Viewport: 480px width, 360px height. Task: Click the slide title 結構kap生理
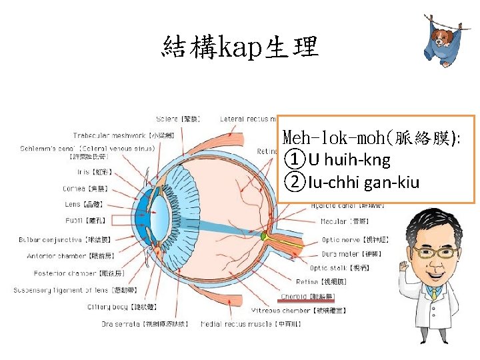click(241, 47)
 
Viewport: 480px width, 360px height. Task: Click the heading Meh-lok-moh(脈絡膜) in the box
click(373, 139)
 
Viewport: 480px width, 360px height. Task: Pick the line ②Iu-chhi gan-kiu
click(352, 181)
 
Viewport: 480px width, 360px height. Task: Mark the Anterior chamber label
click(67, 256)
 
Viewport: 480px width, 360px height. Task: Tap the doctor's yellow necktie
click(434, 294)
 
